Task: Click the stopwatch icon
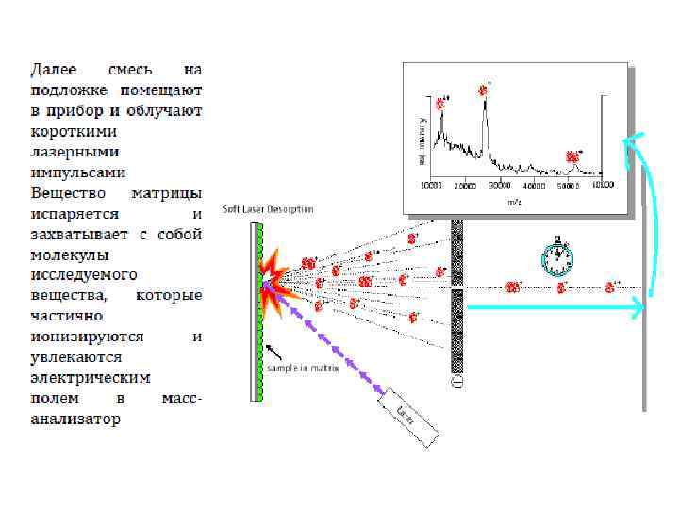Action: (558, 256)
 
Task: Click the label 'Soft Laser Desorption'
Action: (268, 209)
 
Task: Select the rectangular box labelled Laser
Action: (409, 417)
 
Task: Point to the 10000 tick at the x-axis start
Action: (432, 186)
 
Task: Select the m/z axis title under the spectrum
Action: (514, 202)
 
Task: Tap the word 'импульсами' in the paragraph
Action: (78, 172)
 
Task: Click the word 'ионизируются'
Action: (87, 336)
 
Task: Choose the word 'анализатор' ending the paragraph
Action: (75, 419)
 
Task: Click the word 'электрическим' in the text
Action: (91, 377)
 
